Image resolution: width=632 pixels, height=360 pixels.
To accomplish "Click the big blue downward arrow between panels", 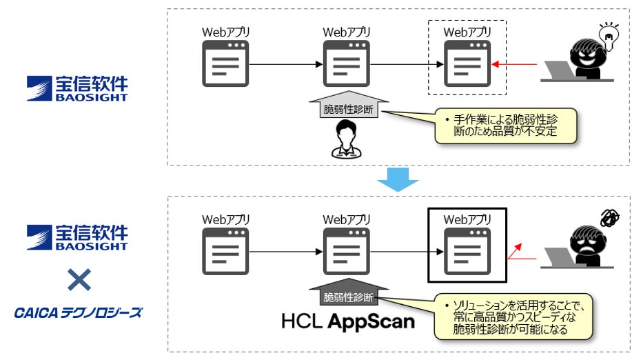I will click(x=398, y=179).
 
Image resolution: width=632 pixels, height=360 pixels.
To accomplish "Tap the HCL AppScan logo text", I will click(x=349, y=321).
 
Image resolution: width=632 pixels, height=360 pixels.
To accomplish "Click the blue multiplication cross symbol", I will click(x=78, y=279).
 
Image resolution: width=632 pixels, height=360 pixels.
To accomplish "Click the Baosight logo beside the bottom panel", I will click(x=77, y=237).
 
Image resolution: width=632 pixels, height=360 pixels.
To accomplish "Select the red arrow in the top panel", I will click(x=516, y=66).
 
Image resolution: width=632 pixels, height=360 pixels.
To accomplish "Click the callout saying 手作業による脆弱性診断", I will click(x=504, y=125).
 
